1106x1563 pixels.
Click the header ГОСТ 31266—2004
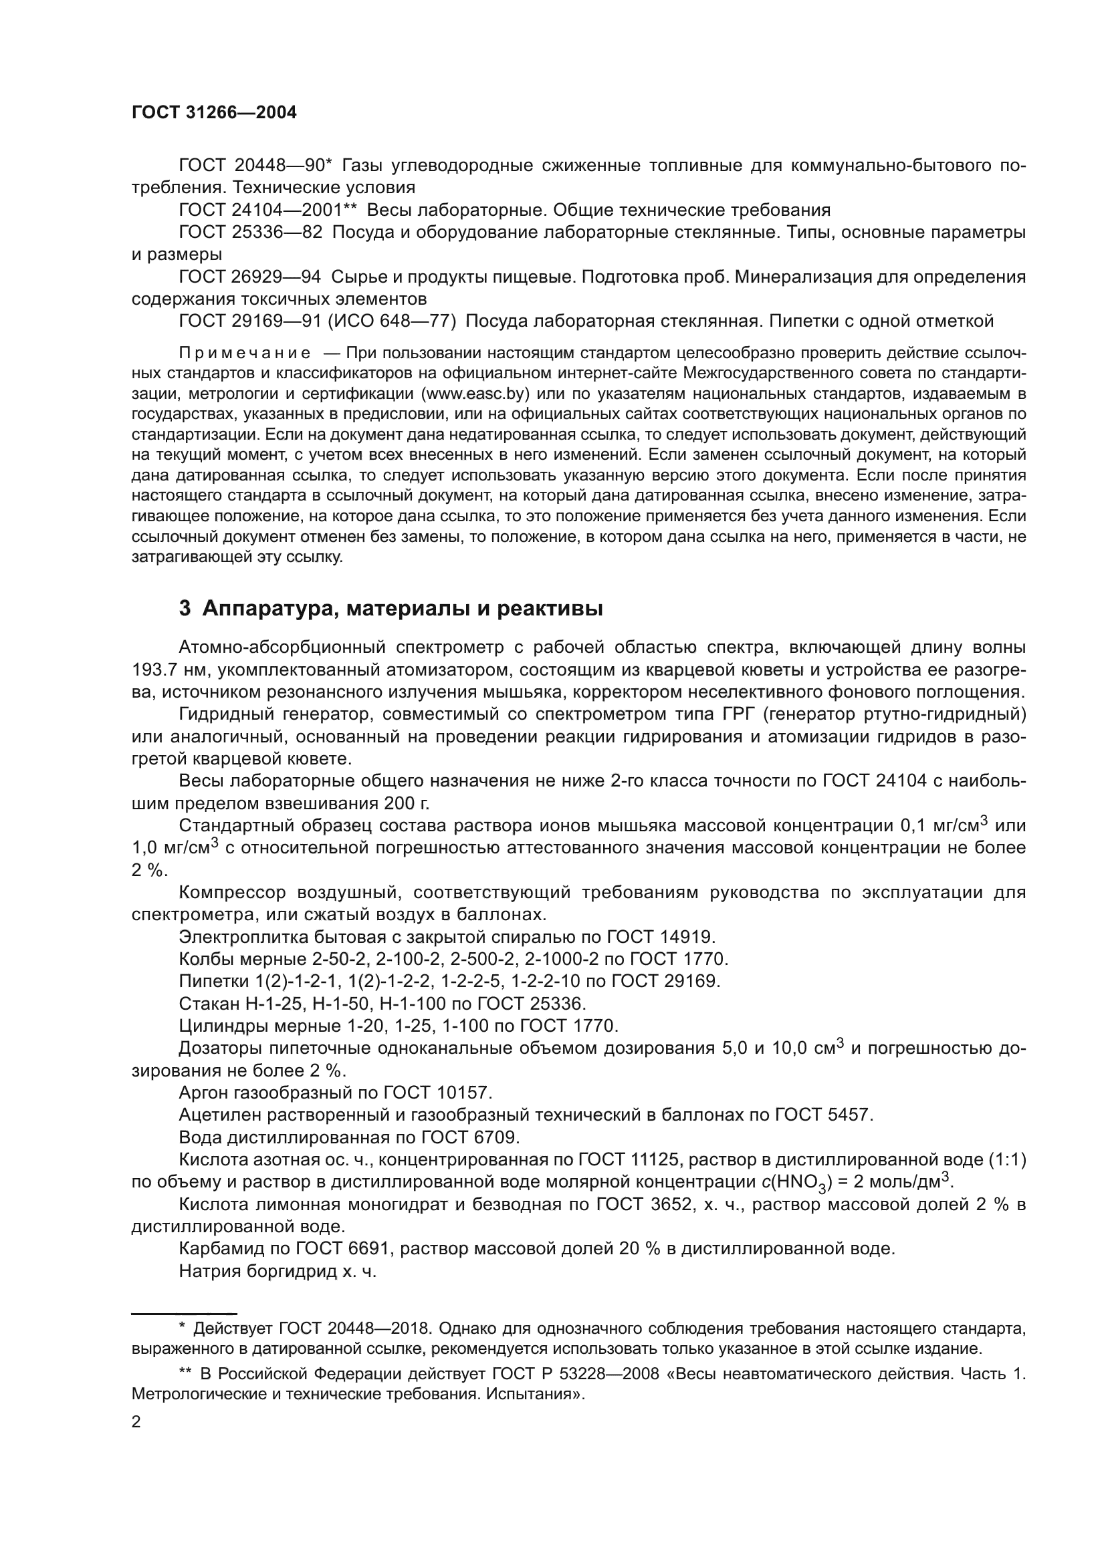[x=214, y=113]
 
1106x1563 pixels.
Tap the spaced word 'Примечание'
[x=245, y=353]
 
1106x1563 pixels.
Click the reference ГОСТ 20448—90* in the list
[x=255, y=166]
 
